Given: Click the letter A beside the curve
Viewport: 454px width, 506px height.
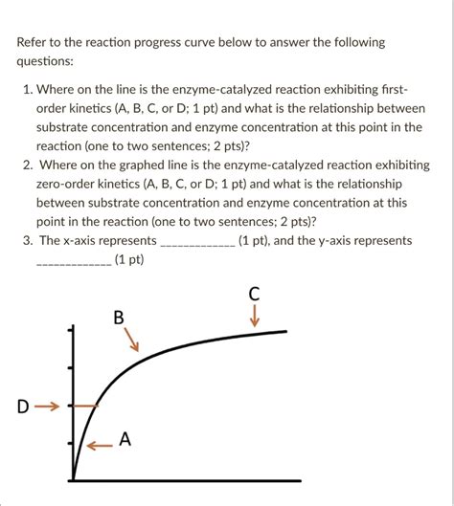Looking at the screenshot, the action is (125, 439).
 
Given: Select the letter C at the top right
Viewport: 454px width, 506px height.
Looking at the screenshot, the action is (254, 295).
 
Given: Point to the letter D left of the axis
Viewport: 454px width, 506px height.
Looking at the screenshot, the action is (22, 407).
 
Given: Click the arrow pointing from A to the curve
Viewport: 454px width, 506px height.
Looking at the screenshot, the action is (99, 444).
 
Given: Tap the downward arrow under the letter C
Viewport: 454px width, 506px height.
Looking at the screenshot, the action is (254, 317).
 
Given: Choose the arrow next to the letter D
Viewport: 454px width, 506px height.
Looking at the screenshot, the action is (47, 407).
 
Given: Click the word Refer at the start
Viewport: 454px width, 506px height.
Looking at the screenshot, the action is (36, 42).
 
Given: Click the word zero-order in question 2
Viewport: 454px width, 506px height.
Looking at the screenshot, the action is (67, 183).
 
